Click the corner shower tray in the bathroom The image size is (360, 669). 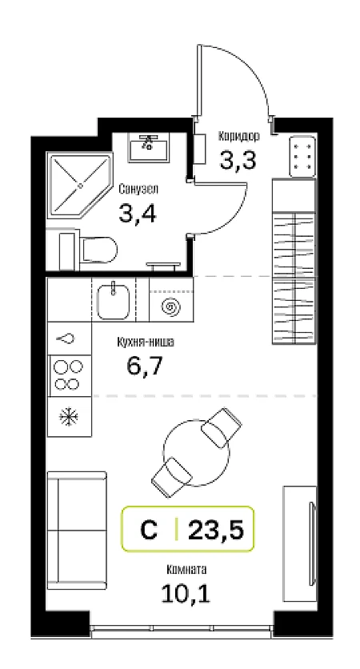(x=79, y=186)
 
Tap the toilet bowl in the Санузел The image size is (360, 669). (x=98, y=250)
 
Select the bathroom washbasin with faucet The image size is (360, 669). (x=149, y=147)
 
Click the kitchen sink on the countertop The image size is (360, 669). (x=114, y=301)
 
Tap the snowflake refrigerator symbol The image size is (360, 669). (x=68, y=417)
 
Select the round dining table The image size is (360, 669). (x=197, y=453)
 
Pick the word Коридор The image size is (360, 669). (x=239, y=136)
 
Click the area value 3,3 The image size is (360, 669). (x=238, y=160)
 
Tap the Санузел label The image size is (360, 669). (x=138, y=189)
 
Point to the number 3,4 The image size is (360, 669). (x=138, y=214)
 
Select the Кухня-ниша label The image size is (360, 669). (x=146, y=342)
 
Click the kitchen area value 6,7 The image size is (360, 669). (x=145, y=366)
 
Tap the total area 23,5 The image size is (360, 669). (x=216, y=531)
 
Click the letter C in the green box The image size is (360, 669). (x=149, y=531)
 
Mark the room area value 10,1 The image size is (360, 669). (x=186, y=593)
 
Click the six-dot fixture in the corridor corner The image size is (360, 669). (x=302, y=157)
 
